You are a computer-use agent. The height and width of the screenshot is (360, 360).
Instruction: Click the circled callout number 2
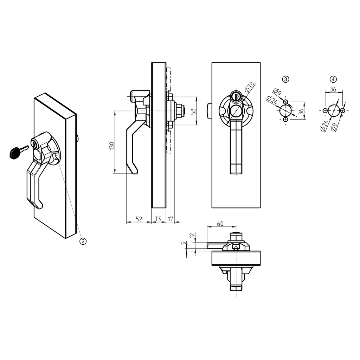point(83,241)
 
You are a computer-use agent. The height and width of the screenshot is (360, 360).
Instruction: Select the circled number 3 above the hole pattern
point(286,79)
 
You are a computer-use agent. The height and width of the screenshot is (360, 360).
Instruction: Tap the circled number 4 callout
point(333,79)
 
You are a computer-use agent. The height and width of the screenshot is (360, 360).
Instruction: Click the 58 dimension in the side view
point(193,111)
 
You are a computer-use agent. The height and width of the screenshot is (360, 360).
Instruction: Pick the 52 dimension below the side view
point(139,219)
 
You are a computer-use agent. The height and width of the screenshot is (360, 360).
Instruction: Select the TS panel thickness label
point(159,219)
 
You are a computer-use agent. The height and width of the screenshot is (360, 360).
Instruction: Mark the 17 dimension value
point(170,219)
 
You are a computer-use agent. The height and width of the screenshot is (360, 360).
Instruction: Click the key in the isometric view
point(17,152)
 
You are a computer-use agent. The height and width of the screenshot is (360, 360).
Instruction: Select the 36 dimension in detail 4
point(333,90)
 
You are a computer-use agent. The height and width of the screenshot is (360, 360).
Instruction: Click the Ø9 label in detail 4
point(335,127)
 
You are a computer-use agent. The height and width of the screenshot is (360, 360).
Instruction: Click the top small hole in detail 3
point(285,102)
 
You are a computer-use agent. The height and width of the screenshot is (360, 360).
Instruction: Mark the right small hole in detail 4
point(343,111)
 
